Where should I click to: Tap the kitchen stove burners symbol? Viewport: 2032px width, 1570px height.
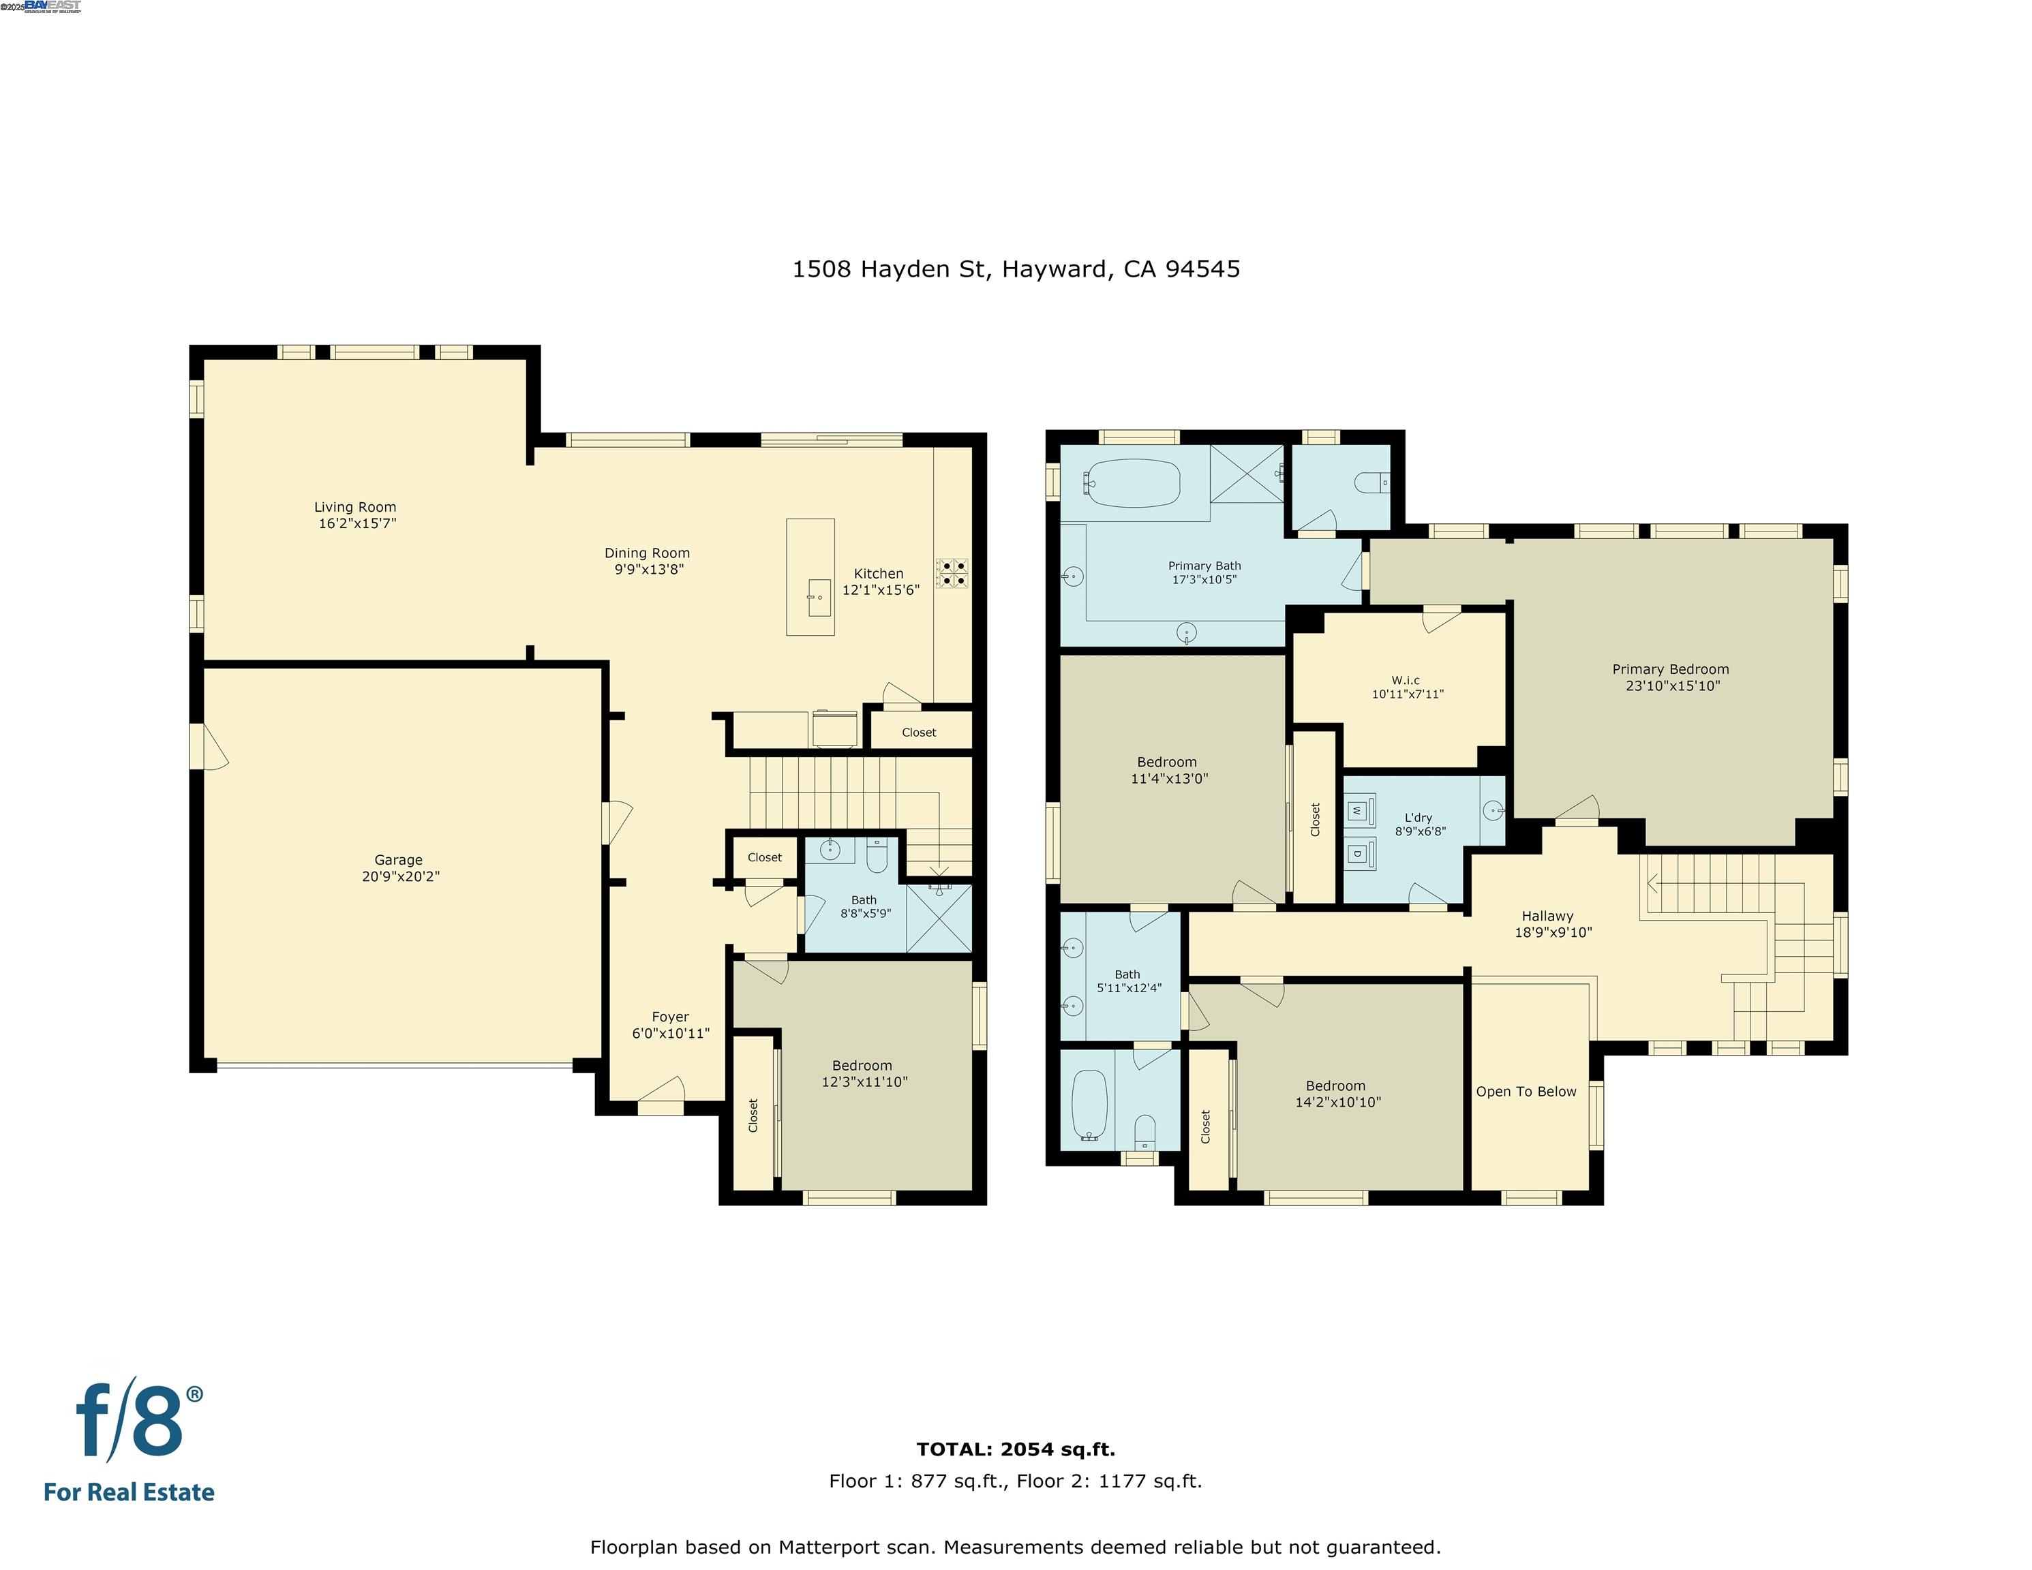pos(952,573)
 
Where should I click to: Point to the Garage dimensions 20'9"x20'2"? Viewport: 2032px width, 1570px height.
pos(400,876)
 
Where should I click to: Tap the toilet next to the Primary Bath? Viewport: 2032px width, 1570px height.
pos(1371,482)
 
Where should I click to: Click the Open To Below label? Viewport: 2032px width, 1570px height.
pos(1526,1091)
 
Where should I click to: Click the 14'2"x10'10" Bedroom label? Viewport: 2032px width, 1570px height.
pos(1337,1094)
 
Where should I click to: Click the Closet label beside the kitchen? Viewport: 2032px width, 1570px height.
pos(918,732)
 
